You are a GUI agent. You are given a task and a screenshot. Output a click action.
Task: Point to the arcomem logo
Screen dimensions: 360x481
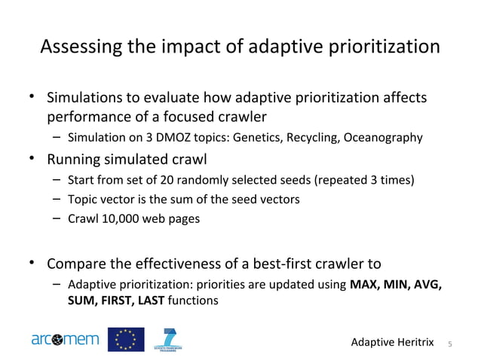pyautogui.click(x=65, y=340)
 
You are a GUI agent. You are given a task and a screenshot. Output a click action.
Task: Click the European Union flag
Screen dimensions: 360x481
pyautogui.click(x=125, y=340)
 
